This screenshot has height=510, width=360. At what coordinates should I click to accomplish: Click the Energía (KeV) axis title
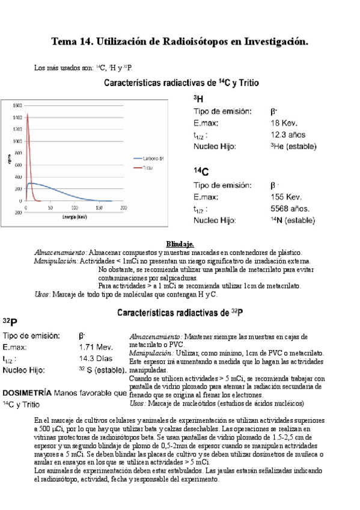click(x=72, y=215)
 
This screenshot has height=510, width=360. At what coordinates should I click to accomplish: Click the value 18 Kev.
click(x=284, y=123)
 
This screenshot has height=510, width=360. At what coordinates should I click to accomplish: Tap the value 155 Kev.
click(x=287, y=197)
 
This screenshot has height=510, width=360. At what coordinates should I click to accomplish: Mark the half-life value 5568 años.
click(x=291, y=209)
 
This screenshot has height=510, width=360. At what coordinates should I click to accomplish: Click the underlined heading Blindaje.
click(x=180, y=244)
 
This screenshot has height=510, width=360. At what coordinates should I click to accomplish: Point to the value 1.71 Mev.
click(x=96, y=347)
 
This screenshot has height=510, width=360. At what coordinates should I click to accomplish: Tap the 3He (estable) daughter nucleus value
click(x=293, y=146)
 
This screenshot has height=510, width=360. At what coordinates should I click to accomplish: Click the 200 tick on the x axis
click(x=123, y=207)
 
